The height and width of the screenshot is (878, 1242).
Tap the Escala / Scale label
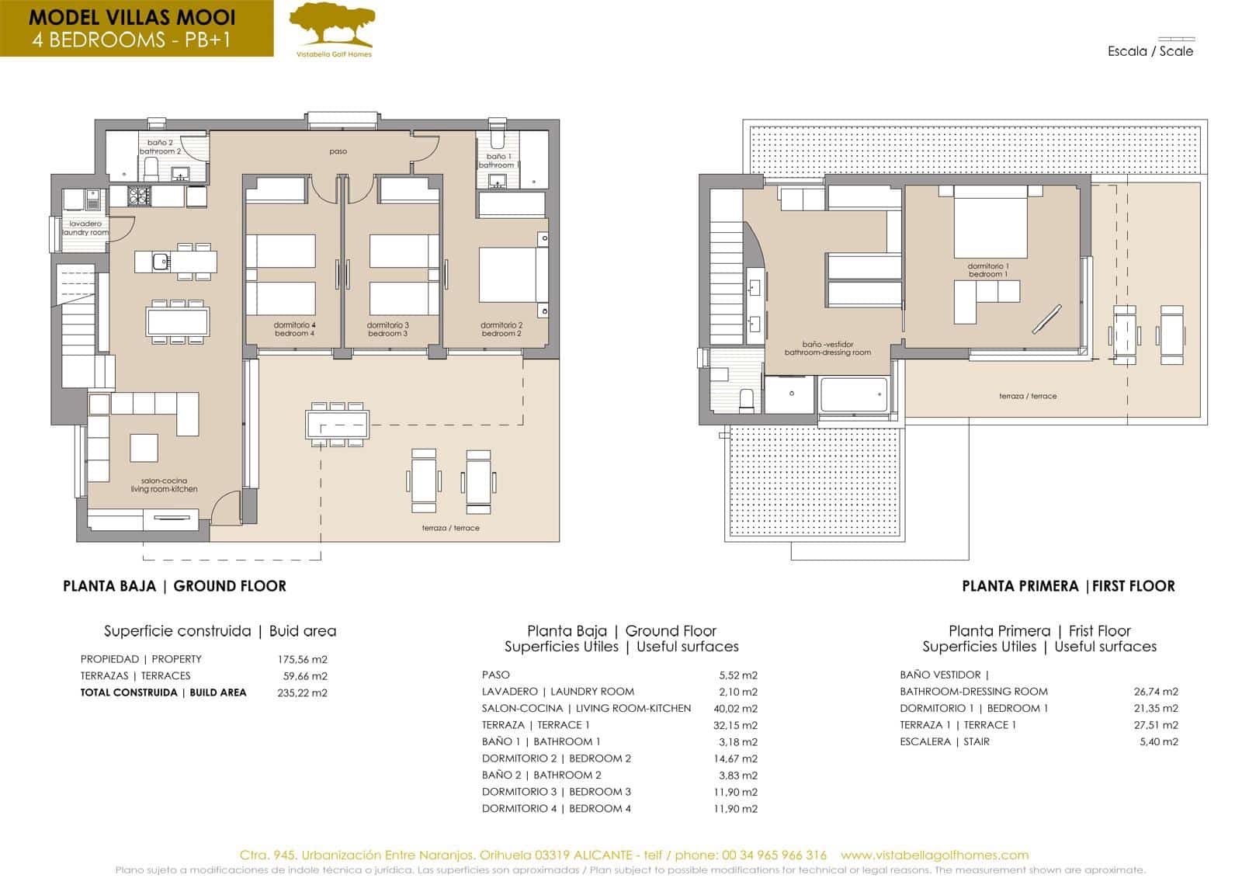(1150, 51)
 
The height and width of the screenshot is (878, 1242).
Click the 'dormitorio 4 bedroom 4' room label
(294, 329)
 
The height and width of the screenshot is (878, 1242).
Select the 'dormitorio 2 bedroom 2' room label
(501, 329)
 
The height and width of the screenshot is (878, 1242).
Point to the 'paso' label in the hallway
(338, 151)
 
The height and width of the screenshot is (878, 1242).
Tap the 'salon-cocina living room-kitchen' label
(164, 485)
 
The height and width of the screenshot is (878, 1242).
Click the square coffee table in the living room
(144, 448)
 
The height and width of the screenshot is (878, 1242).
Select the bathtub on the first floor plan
(853, 395)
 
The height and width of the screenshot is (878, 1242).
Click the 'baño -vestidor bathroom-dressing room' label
(827, 348)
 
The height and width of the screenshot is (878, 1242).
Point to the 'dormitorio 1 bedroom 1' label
(987, 270)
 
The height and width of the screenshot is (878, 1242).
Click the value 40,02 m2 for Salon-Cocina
(734, 708)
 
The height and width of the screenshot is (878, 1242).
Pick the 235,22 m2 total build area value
(302, 692)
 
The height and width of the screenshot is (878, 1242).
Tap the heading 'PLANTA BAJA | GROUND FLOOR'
(174, 586)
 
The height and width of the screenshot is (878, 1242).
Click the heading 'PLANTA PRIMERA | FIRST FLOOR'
(1067, 586)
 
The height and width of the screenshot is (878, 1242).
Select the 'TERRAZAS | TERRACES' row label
(135, 675)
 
